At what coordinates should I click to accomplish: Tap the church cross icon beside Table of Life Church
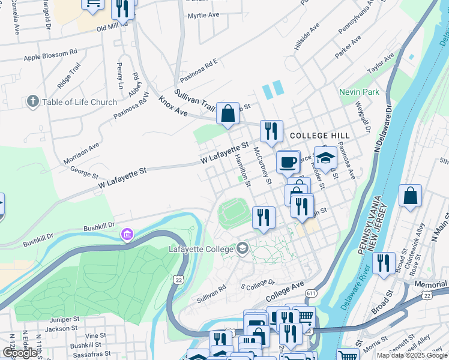pos(32,102)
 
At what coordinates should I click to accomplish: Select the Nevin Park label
pos(359,92)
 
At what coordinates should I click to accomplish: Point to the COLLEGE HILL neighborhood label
pos(311,136)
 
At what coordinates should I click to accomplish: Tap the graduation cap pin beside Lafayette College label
pos(242,247)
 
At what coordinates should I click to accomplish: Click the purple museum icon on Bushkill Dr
pos(127,233)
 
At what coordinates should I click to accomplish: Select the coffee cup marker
pos(288,162)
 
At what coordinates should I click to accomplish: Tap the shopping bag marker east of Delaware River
pos(410,196)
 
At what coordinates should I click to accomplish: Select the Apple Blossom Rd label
pos(51,58)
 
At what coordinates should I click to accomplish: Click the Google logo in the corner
pos(20,353)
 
